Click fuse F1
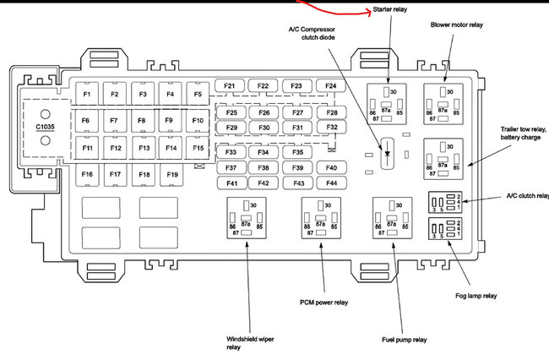87,94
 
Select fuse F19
172,175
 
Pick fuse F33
231,153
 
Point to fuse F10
198,121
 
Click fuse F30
264,128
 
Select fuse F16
87,175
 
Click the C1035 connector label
47,128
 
